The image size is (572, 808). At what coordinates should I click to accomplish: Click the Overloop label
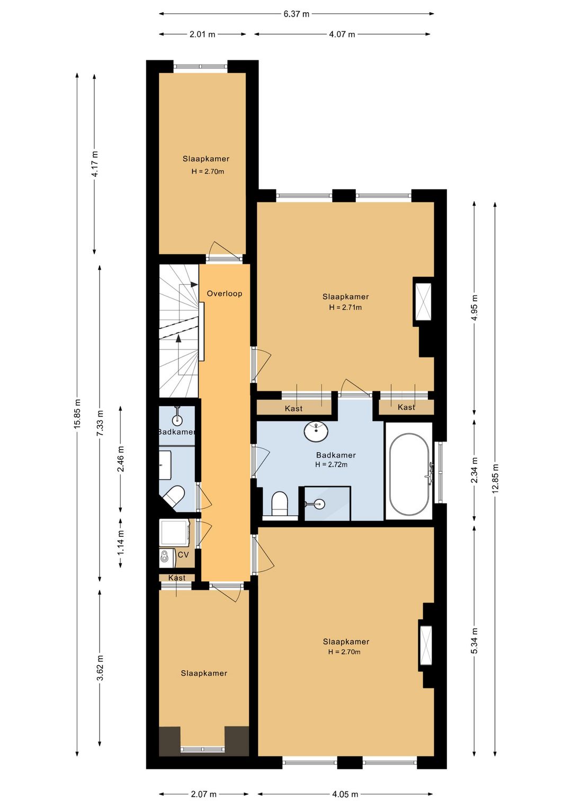tap(224, 294)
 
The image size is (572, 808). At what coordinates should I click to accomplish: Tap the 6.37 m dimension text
tap(296, 14)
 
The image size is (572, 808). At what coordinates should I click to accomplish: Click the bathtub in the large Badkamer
tap(409, 474)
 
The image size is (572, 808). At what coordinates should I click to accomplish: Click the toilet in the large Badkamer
tap(279, 504)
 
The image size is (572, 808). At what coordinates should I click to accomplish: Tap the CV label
tap(183, 555)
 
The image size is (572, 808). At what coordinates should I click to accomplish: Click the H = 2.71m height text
tap(345, 308)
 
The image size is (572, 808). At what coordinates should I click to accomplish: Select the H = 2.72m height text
tap(332, 464)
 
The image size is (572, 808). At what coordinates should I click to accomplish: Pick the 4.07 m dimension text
tap(342, 34)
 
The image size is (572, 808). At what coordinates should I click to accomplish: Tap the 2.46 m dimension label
tap(121, 459)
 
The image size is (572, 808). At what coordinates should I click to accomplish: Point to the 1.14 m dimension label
tap(121, 543)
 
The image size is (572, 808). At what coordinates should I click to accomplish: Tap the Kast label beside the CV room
tap(177, 578)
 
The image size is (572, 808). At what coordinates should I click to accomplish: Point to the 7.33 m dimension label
tap(100, 423)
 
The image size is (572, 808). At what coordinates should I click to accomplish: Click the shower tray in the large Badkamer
tap(327, 504)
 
